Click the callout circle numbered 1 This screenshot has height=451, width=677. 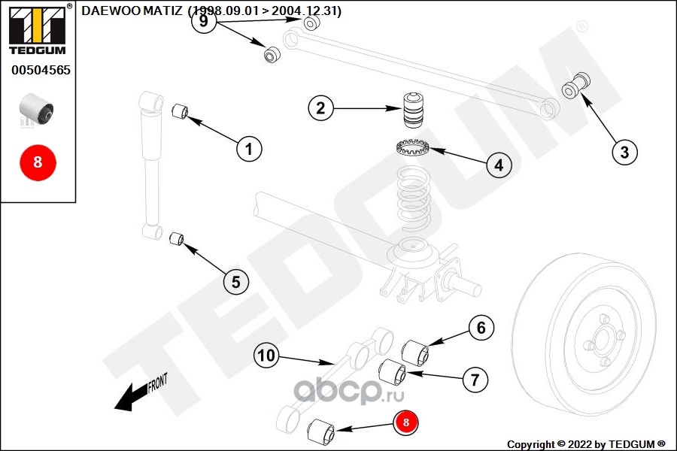(x=249, y=149)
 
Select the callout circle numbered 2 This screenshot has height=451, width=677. (x=320, y=108)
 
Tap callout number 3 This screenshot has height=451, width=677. (x=624, y=152)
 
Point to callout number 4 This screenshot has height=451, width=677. (x=499, y=165)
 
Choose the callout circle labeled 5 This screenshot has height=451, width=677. (x=235, y=282)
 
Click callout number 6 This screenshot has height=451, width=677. (x=481, y=328)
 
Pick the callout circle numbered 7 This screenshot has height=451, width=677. (x=475, y=380)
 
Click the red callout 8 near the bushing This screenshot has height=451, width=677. (x=405, y=422)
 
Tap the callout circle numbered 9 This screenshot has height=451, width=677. (x=203, y=21)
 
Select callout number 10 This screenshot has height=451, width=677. (x=266, y=356)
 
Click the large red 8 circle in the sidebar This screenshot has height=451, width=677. (x=38, y=162)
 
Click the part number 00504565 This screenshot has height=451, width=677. (x=41, y=70)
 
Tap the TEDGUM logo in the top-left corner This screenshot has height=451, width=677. (x=38, y=30)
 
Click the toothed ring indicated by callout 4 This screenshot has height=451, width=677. (x=413, y=147)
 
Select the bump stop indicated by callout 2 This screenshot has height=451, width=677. (x=413, y=110)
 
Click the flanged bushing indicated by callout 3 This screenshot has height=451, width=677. (x=575, y=86)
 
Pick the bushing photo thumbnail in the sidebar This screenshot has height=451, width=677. (x=37, y=109)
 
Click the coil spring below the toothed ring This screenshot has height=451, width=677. (x=414, y=200)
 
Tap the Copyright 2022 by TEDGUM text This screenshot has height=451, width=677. (x=586, y=444)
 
